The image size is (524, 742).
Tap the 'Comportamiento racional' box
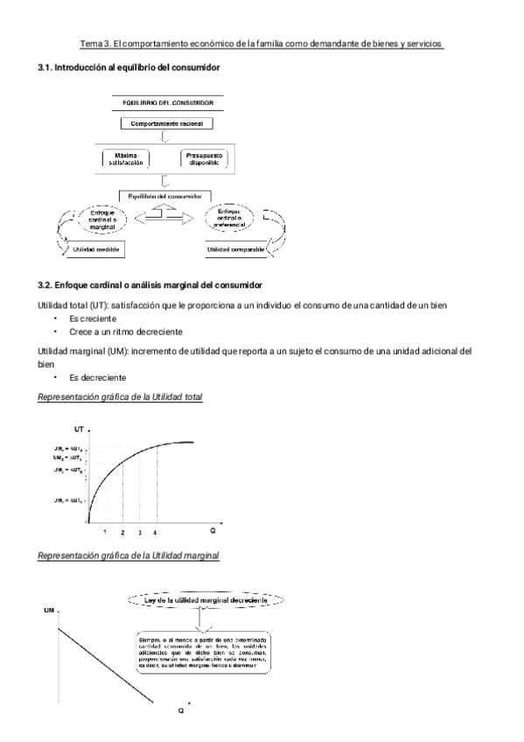click(166, 124)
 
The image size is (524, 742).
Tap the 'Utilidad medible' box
click(95, 250)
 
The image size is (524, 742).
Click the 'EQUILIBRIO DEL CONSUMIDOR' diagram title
click(166, 102)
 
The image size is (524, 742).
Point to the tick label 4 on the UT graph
click(156, 532)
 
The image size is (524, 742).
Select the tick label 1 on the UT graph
click(105, 532)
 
